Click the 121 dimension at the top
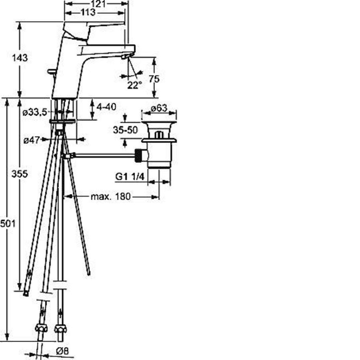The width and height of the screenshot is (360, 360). coord(98,3)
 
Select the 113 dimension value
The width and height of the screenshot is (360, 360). coord(88,12)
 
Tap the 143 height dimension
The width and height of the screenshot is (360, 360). coord(20,58)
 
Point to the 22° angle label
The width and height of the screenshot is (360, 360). coord(135,85)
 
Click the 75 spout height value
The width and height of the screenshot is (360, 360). coord(154,79)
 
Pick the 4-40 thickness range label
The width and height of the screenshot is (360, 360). coord(106,107)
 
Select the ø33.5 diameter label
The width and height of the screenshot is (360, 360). coord(35,112)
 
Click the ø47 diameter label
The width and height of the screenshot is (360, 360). coord(32,140)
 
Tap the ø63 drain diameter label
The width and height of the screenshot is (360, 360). coord(159,108)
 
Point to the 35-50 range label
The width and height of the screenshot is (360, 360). coord(126,130)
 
